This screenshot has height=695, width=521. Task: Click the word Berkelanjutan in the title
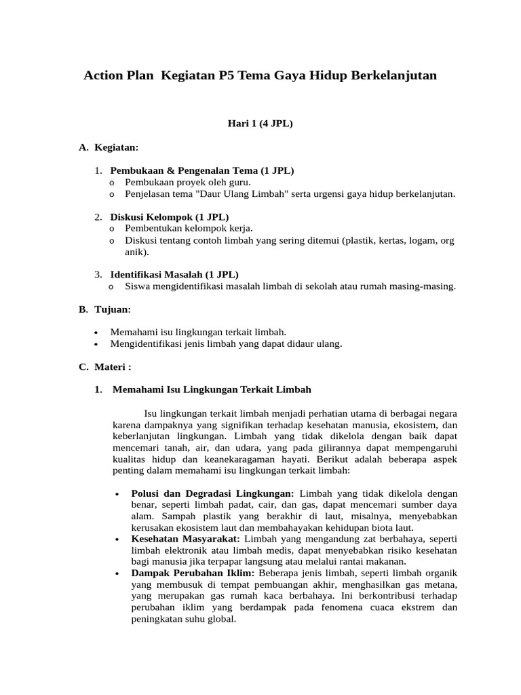393,75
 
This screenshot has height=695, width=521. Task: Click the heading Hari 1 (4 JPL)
260,124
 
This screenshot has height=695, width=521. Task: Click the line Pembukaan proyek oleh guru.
188,182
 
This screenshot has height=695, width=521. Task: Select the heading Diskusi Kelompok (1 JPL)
170,217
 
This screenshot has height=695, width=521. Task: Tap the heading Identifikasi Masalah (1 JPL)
174,274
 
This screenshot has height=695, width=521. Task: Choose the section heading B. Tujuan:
105,309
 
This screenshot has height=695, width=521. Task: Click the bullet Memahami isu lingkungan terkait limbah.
198,332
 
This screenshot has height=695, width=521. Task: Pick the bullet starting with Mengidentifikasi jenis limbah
226,343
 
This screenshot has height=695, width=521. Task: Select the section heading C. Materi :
105,367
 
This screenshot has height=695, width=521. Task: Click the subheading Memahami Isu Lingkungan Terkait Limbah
212,390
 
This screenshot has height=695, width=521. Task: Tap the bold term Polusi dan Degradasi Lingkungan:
212,493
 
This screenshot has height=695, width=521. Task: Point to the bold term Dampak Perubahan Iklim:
193,573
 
